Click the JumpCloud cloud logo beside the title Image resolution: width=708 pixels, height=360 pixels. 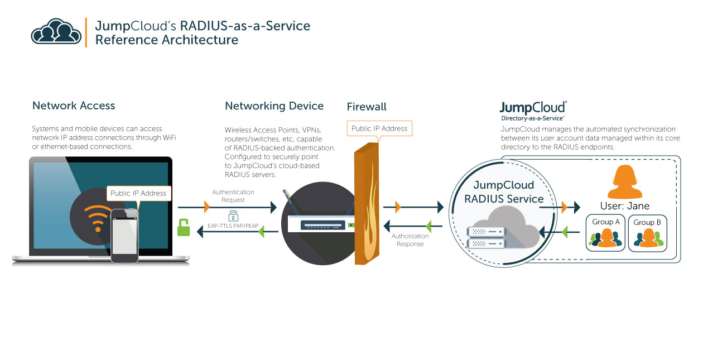point(56,32)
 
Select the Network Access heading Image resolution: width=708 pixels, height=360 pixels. point(74,106)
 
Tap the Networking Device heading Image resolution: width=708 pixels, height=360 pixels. point(274,106)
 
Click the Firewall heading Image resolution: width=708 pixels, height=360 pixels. point(367,107)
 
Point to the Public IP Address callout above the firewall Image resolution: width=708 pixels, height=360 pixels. point(379,128)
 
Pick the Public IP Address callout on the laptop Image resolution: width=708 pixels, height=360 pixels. point(138,193)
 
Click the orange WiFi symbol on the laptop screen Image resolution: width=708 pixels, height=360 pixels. point(97,218)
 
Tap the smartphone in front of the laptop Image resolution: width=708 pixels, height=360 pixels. point(124,236)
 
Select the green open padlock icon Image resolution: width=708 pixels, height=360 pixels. point(184,228)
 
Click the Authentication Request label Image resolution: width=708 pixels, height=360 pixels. point(233,196)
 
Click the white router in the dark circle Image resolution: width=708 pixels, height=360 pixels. point(320,224)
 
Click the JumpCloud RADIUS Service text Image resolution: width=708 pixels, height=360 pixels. point(504,192)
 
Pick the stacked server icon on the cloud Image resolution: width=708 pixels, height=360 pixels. point(485,237)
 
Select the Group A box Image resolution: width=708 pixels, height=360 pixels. point(606,233)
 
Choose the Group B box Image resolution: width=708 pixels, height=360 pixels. point(647,233)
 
